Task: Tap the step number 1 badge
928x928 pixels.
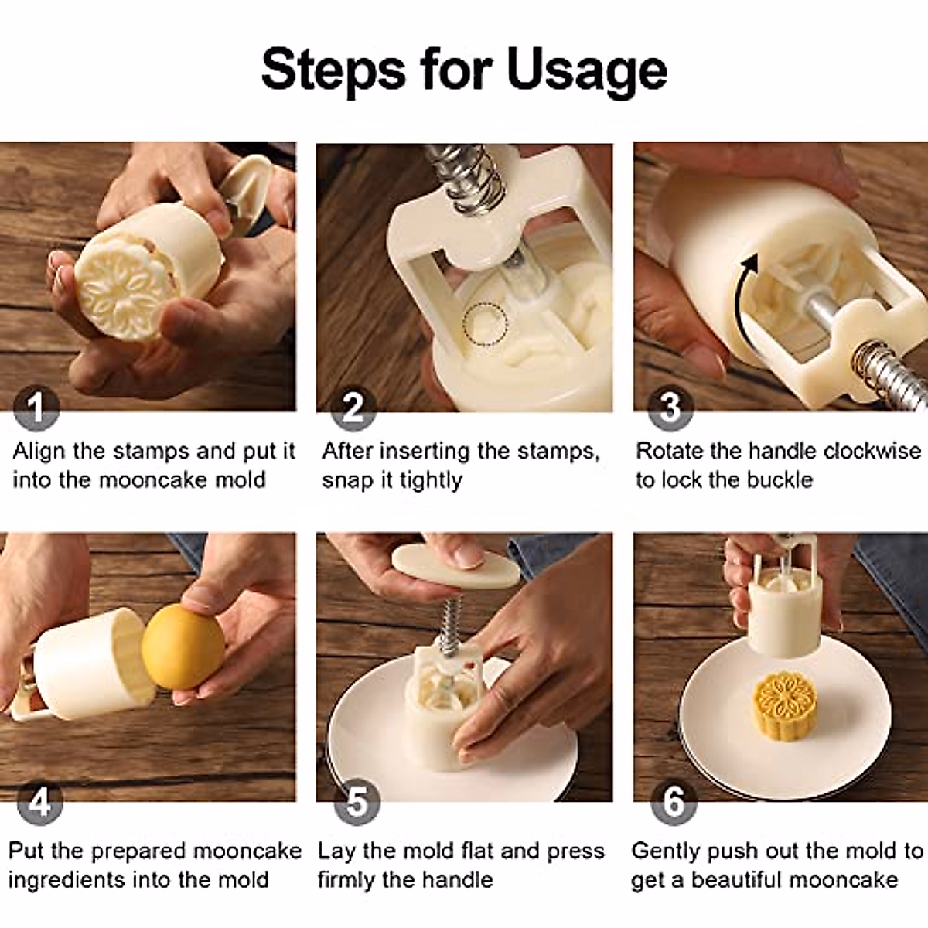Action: [x=36, y=408]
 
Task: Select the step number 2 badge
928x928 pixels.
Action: [x=353, y=408]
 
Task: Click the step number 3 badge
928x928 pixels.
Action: [x=670, y=408]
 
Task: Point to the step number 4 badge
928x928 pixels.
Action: [x=39, y=803]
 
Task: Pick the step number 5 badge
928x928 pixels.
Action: [x=357, y=803]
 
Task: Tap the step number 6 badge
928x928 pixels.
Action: [x=673, y=803]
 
